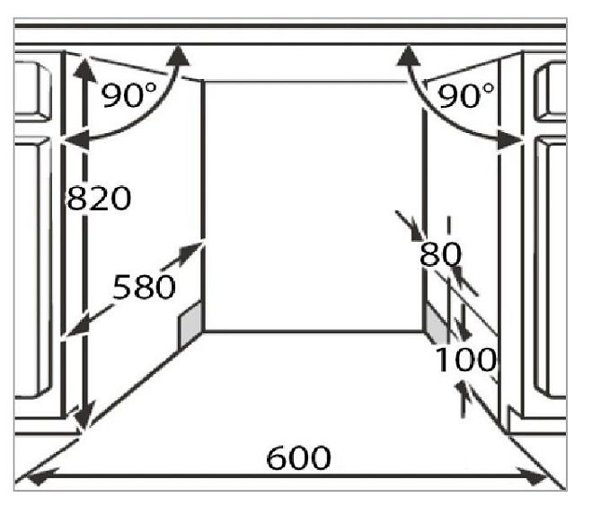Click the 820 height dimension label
pos(99,199)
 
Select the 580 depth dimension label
pos(143,288)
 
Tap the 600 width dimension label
pos(298,458)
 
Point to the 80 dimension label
pos(440,255)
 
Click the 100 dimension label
pos(465,360)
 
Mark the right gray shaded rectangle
pos(435,323)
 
